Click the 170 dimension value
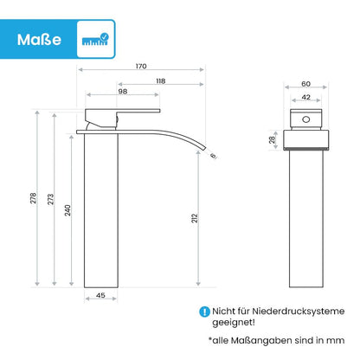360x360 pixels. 141,66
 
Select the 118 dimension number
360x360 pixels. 161,81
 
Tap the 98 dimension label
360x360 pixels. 123,91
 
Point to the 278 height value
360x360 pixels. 34,198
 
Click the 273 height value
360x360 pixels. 51,199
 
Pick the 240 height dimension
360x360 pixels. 67,210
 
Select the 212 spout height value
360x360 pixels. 195,218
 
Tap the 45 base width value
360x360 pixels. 100,295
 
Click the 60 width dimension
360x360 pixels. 305,84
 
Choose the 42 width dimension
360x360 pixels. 305,97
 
